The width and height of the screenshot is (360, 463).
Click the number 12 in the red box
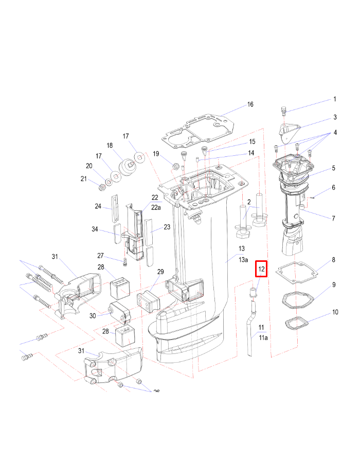pyautogui.click(x=261, y=269)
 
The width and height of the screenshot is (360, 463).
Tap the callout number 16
pyautogui.click(x=250, y=104)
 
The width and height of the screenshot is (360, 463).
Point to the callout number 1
pyautogui.click(x=334, y=99)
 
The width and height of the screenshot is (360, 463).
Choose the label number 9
pyautogui.click(x=334, y=284)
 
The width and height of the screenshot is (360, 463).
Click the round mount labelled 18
pyautogui.click(x=126, y=168)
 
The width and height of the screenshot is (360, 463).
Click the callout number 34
pyautogui.click(x=109, y=229)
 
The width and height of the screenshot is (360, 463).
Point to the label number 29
pyautogui.click(x=160, y=272)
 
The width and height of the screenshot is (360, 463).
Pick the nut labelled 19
pyautogui.click(x=174, y=166)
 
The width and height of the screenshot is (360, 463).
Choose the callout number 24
pyautogui.click(x=98, y=206)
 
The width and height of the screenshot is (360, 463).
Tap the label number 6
pyautogui.click(x=334, y=188)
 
